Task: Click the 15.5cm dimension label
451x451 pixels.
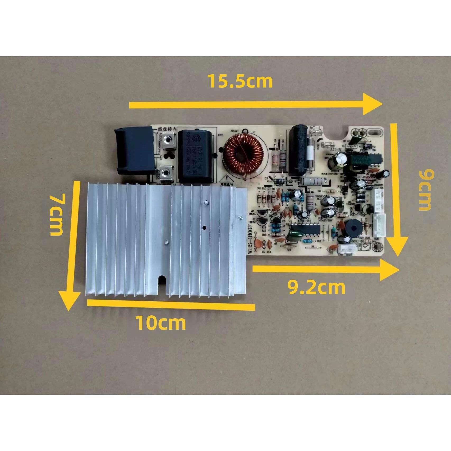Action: pos(240,81)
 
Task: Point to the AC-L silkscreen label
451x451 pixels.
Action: pos(316,128)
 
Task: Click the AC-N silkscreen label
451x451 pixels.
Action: pos(336,150)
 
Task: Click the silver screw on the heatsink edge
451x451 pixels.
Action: pos(240,218)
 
